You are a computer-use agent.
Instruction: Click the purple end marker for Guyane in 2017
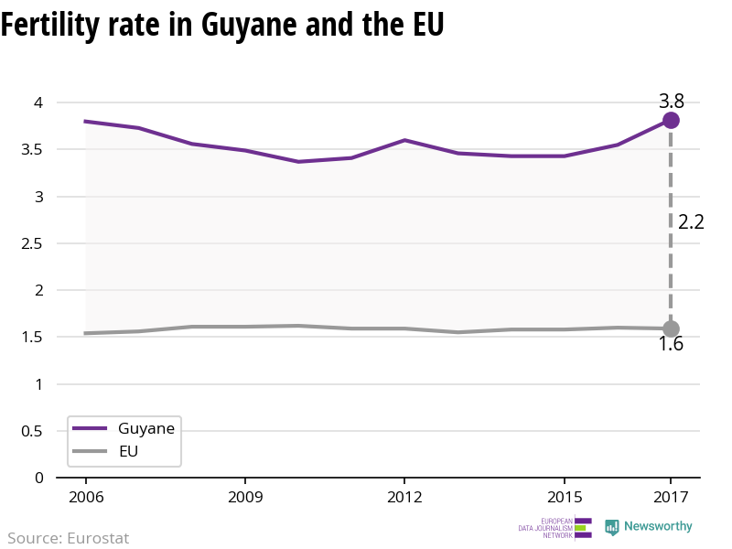[x=671, y=121]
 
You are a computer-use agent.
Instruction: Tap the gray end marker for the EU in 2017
[x=671, y=328]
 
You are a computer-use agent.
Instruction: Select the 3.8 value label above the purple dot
[x=672, y=101]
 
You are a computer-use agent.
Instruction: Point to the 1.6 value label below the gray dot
[x=671, y=344]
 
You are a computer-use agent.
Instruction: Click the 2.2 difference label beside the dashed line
[x=691, y=221]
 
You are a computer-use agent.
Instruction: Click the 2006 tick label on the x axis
[x=86, y=497]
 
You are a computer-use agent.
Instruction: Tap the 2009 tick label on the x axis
[x=245, y=497]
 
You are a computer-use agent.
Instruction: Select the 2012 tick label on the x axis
[x=404, y=497]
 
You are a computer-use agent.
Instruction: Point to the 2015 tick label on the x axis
[x=565, y=497]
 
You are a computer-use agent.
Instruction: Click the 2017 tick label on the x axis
[x=671, y=497]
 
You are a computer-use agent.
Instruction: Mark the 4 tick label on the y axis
[x=38, y=102]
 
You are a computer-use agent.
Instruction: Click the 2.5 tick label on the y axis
[x=32, y=243]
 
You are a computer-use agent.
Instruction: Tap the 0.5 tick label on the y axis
[x=32, y=431]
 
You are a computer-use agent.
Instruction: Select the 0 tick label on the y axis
[x=38, y=478]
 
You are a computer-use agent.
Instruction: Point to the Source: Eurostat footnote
[x=68, y=538]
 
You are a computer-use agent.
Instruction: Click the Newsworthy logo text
[x=658, y=526]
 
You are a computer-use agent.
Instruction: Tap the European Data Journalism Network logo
[x=555, y=528]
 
